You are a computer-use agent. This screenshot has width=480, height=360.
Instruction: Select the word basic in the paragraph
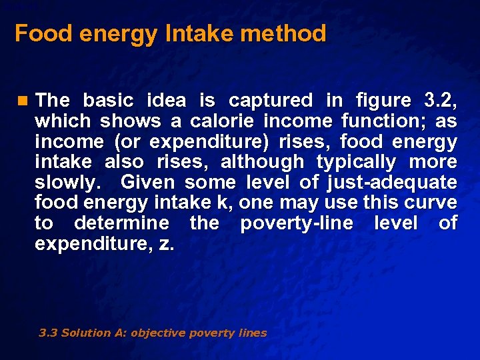click(108, 101)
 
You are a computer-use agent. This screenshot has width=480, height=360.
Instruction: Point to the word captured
click(270, 101)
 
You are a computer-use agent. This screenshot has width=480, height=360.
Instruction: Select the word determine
click(121, 223)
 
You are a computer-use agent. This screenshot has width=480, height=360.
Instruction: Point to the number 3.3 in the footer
click(48, 333)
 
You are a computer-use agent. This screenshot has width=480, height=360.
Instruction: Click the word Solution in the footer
click(82, 333)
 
